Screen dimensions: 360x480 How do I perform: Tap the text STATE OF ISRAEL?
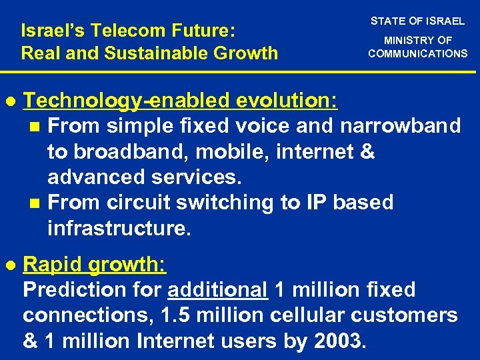pos(417,21)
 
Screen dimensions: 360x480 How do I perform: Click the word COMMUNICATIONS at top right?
pos(418,53)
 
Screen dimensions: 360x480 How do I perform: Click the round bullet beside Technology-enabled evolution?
pos(9,101)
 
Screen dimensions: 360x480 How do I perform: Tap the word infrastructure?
pos(119,229)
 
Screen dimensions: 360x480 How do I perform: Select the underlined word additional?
pos(218,290)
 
